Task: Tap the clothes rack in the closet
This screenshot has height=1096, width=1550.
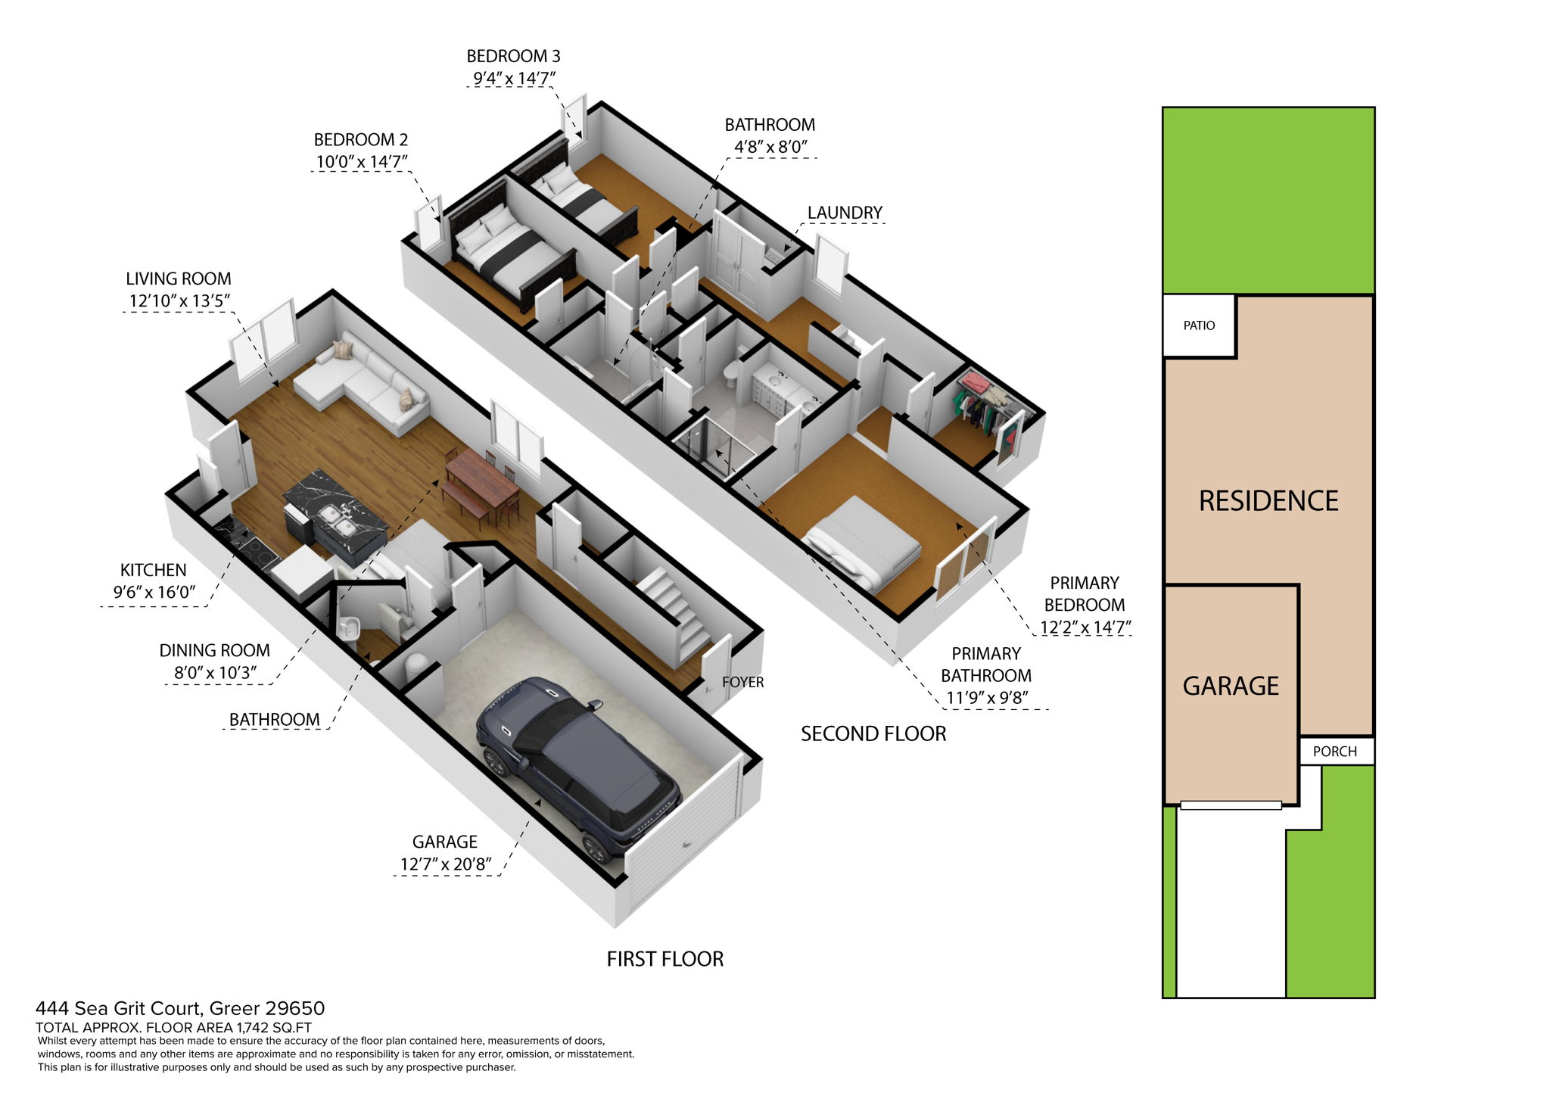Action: [x=984, y=401]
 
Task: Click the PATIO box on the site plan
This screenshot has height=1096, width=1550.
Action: [x=1199, y=325]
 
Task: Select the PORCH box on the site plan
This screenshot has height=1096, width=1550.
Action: [x=1334, y=752]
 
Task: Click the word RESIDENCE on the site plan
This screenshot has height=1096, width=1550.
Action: [x=1268, y=501]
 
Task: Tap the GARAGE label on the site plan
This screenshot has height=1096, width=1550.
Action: [x=1231, y=686]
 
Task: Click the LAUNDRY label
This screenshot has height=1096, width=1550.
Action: [x=845, y=213]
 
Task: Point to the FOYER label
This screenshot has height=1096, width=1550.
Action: [x=742, y=682]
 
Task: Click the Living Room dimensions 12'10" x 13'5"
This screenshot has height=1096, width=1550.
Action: [x=179, y=300]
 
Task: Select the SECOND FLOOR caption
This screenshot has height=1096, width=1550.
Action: [x=873, y=733]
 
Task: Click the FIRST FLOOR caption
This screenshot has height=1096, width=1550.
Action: [x=665, y=959]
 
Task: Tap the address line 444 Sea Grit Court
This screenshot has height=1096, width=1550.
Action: [x=180, y=1008]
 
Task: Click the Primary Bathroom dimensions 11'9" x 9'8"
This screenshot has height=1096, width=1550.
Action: [x=986, y=697]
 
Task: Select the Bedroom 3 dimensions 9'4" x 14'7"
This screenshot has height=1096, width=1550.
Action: [x=514, y=78]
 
